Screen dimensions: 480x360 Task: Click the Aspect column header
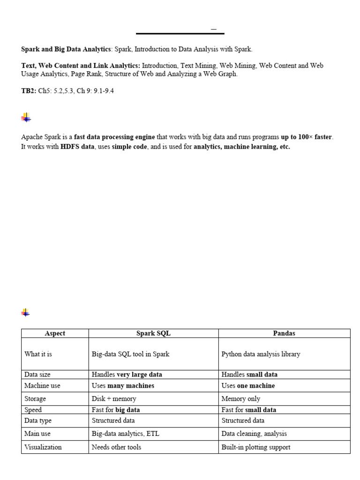point(55,333)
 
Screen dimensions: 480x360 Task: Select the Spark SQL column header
point(153,333)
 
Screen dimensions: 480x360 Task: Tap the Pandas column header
point(284,333)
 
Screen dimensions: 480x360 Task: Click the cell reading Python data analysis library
point(260,354)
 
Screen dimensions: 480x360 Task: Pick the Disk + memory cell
point(114,398)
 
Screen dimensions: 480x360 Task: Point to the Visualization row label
point(43,447)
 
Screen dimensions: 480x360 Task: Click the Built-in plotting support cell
point(255,447)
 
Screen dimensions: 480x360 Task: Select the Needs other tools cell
point(116,447)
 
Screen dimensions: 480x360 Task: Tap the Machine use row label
point(42,385)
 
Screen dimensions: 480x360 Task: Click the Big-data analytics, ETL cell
point(126,434)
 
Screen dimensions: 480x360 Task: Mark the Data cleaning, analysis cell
point(254,434)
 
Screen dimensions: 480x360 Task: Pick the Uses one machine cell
point(248,385)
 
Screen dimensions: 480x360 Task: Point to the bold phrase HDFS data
point(77,147)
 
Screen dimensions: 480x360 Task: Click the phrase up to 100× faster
point(307,137)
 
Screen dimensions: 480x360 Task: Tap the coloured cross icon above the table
point(26,313)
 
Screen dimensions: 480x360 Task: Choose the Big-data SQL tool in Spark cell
point(130,354)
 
